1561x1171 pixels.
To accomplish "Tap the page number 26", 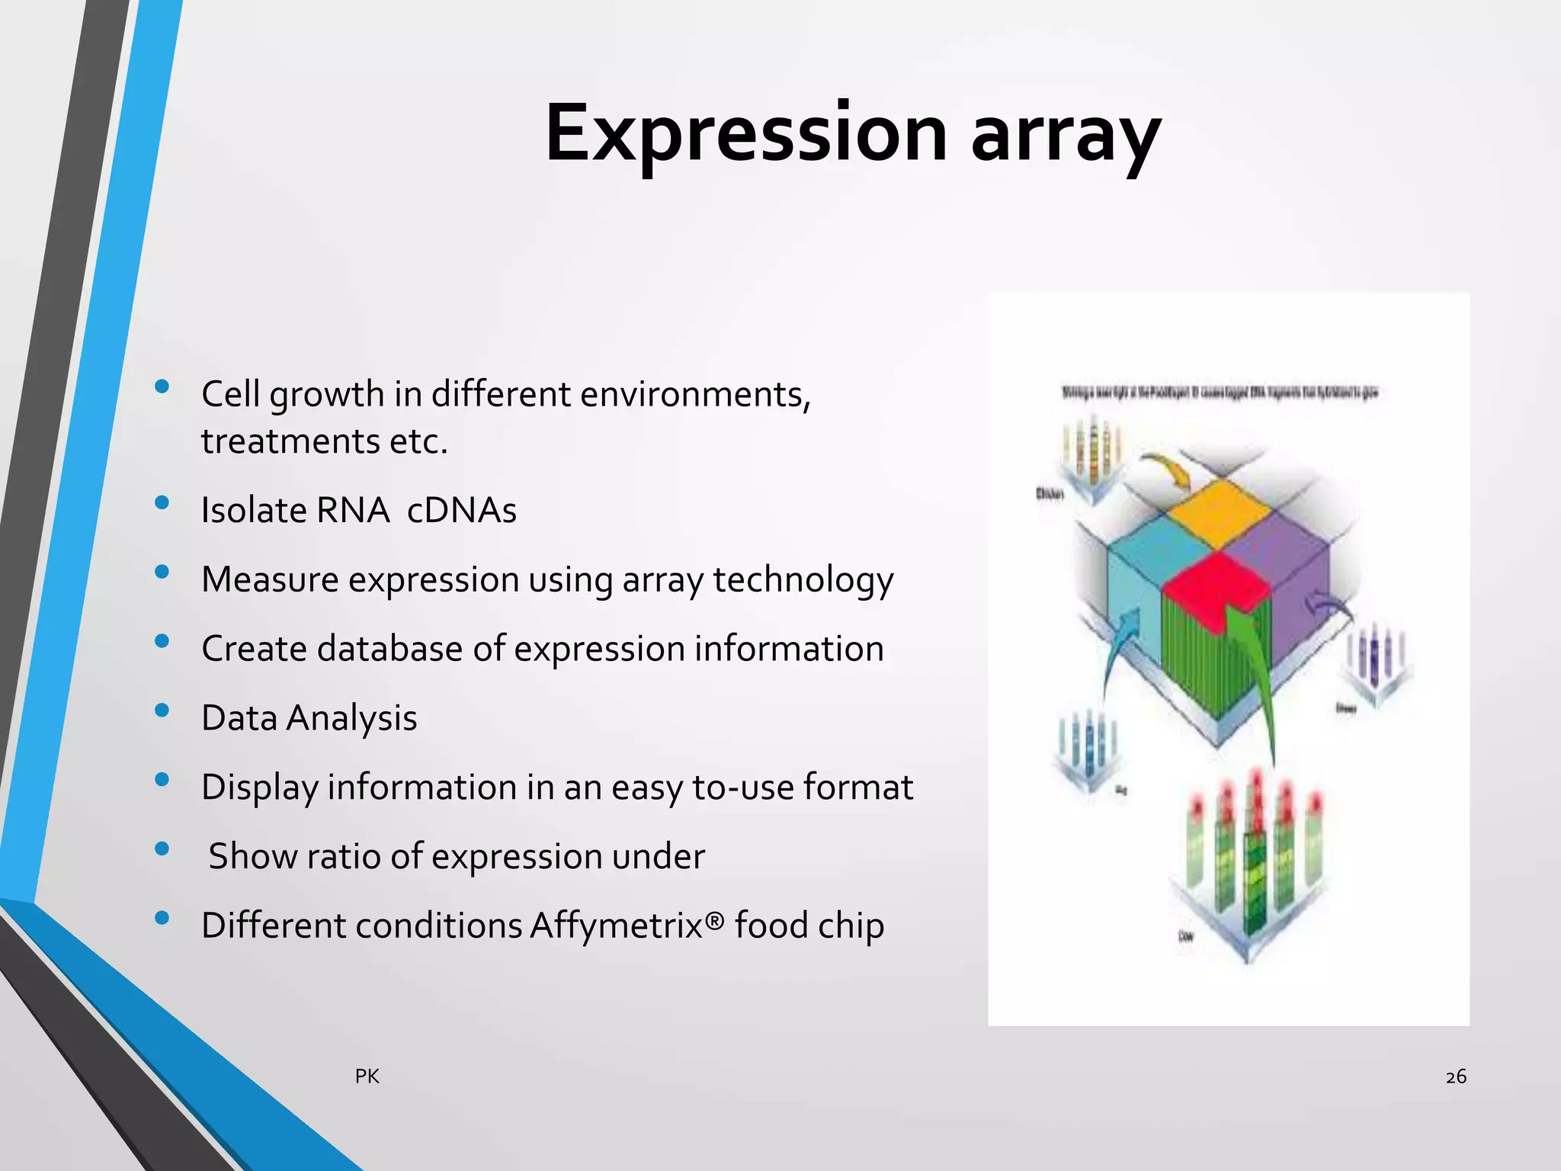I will pos(1456,1076).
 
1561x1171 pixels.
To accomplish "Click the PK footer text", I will pos(367,1076).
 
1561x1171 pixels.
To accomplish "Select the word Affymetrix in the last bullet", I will pos(627,926).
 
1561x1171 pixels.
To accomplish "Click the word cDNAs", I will pos(461,510).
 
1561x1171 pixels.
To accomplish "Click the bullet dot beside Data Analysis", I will pos(162,711).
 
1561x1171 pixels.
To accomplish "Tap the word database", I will pos(389,649).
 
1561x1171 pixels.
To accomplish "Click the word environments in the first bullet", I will pos(694,394).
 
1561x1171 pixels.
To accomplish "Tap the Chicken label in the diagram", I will pos(1050,494).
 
